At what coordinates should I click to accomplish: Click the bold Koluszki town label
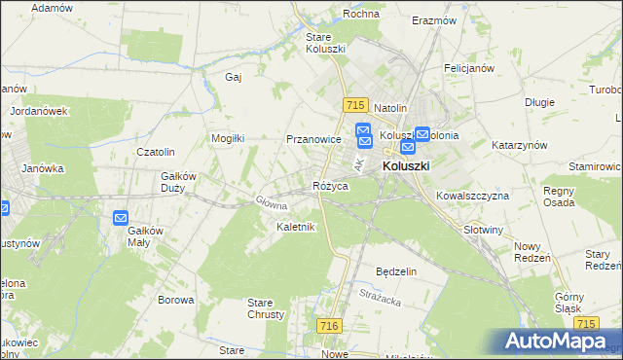coord(406,166)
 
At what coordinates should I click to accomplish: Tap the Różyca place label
coord(330,186)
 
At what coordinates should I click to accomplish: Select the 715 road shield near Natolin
coord(354,105)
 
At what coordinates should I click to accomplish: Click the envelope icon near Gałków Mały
coord(121,219)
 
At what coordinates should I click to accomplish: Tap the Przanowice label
coord(312,139)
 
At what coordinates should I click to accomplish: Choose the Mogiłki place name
coord(229,138)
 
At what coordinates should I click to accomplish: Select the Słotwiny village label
coord(484,230)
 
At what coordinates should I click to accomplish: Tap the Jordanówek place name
coord(38,111)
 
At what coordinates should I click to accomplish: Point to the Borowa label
coord(176,300)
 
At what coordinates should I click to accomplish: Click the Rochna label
coord(361,15)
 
